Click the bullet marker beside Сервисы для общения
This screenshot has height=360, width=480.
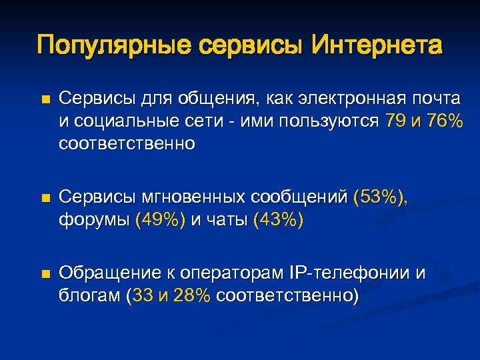[45, 100]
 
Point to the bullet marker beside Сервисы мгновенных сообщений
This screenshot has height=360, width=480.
[45, 198]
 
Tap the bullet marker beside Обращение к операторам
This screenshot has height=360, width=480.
[45, 274]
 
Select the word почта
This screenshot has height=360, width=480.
[436, 99]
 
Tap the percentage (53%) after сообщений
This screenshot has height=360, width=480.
[380, 197]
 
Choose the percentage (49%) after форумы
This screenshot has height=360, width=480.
[161, 220]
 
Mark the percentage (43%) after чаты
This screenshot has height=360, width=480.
[279, 220]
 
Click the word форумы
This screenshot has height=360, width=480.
[94, 220]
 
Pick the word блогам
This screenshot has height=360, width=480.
[90, 296]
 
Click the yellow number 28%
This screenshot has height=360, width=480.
[192, 296]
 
